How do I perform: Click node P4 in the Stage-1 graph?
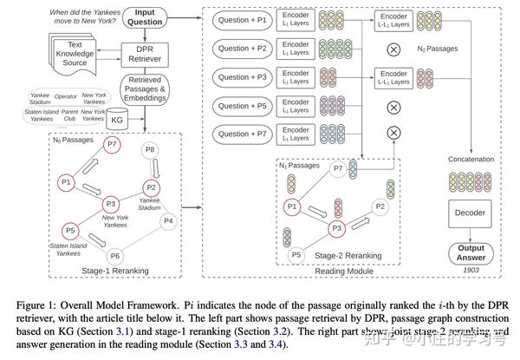click(x=168, y=220)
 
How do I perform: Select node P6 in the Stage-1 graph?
click(x=112, y=256)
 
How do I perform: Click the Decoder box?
click(x=471, y=213)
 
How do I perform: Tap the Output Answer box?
click(x=471, y=253)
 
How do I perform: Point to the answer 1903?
click(x=471, y=272)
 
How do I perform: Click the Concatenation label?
click(x=471, y=160)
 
